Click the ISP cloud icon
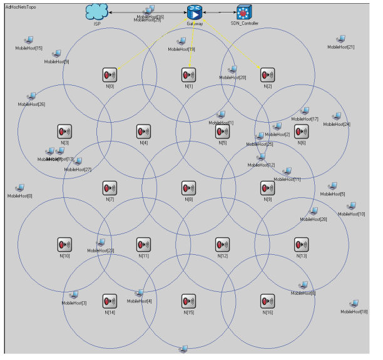(98, 12)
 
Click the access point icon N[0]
(110, 75)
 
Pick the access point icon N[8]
(188, 188)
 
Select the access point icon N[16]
(267, 301)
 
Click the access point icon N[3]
(64, 131)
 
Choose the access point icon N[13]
(301, 244)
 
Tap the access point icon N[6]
(302, 131)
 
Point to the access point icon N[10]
(64, 244)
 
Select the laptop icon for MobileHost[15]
(29, 41)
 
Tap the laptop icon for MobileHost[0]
(20, 188)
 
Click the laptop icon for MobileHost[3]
(74, 295)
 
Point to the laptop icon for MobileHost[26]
(31, 96)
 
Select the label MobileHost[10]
(352, 214)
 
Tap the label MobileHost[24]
(337, 124)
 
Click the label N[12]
(220, 255)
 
